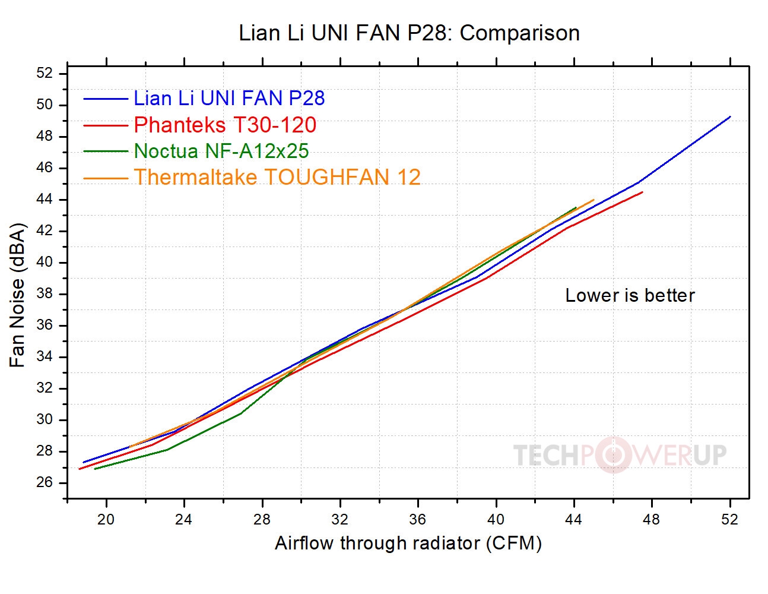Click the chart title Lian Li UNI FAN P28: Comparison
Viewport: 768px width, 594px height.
click(x=409, y=33)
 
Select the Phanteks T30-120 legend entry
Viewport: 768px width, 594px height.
click(x=225, y=125)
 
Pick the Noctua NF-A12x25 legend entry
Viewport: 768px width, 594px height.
click(x=221, y=151)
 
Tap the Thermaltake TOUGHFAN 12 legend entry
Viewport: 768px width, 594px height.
click(x=277, y=178)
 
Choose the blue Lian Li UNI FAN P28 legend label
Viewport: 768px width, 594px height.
click(x=229, y=99)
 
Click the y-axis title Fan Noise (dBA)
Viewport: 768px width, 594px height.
click(x=18, y=295)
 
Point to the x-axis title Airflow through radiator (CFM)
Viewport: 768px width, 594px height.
click(x=408, y=544)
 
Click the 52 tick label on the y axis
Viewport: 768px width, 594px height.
click(x=45, y=74)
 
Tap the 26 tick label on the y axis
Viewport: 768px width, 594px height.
click(x=45, y=482)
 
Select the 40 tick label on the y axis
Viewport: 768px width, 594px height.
click(x=45, y=263)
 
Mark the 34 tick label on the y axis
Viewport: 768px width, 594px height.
click(x=45, y=357)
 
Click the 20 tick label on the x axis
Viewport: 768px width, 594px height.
click(x=106, y=520)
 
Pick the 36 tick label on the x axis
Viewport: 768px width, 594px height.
click(x=418, y=520)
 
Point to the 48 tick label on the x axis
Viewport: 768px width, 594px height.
click(x=651, y=520)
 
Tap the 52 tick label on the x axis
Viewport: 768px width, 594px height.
click(x=729, y=520)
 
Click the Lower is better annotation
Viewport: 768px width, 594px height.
click(x=630, y=296)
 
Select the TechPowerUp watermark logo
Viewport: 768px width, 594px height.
click(x=620, y=455)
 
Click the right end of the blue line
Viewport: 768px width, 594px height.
click(x=730, y=117)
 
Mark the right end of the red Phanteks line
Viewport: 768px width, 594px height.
click(x=642, y=192)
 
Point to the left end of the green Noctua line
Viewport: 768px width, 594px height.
click(x=95, y=469)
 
